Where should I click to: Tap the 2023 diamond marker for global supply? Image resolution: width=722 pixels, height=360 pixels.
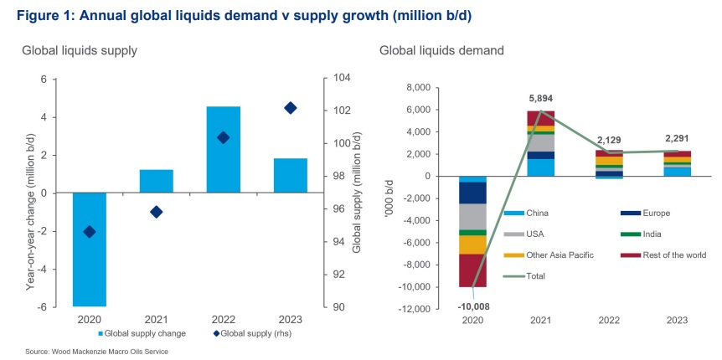[290, 108]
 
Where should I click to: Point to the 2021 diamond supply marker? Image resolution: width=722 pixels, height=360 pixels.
[157, 212]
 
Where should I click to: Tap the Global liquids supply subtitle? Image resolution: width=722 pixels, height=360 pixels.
[80, 50]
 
